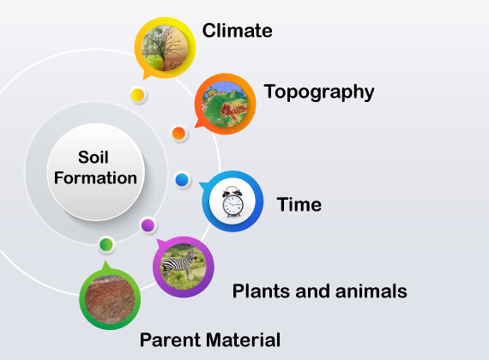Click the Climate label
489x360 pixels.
pyautogui.click(x=238, y=31)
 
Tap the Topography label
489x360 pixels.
pyautogui.click(x=319, y=93)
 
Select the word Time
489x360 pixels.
pyautogui.click(x=299, y=205)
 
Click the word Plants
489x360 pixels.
pyautogui.click(x=262, y=291)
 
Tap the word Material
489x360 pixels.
pyautogui.click(x=243, y=339)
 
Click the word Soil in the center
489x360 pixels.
pyautogui.click(x=94, y=157)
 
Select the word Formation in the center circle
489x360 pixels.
pyautogui.click(x=95, y=178)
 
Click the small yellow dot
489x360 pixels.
pyautogui.click(x=137, y=95)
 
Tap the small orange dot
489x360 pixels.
pyautogui.click(x=178, y=134)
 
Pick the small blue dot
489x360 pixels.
pyautogui.click(x=182, y=180)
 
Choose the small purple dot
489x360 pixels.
pyautogui.click(x=148, y=225)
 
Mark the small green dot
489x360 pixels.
pyautogui.click(x=106, y=244)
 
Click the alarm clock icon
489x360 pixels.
pyautogui.click(x=232, y=201)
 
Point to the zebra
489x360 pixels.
pyautogui.click(x=178, y=262)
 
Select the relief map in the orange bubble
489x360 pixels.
pyautogui.click(x=225, y=104)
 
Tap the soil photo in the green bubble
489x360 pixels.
pyautogui.click(x=110, y=299)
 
